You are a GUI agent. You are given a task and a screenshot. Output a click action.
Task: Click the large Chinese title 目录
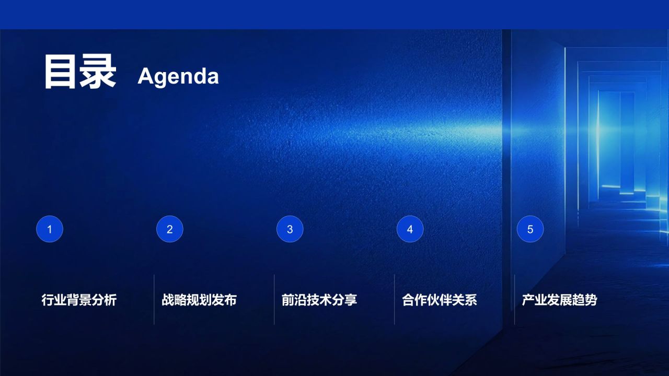pyautogui.click(x=80, y=72)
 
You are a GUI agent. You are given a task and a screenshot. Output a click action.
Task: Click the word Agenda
pyautogui.click(x=178, y=76)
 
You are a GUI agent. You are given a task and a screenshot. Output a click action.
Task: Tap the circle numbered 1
pyautogui.click(x=50, y=229)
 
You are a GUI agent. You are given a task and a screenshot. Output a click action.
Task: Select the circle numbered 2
pyautogui.click(x=170, y=229)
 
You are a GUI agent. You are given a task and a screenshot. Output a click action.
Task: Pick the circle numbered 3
pyautogui.click(x=290, y=229)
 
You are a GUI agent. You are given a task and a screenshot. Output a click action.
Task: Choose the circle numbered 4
pyautogui.click(x=410, y=229)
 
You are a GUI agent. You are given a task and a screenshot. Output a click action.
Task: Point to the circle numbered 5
pyautogui.click(x=530, y=229)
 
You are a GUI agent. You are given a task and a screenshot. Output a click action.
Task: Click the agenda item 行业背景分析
pyautogui.click(x=79, y=300)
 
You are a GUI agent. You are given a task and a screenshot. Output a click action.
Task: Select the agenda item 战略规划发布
pyautogui.click(x=199, y=300)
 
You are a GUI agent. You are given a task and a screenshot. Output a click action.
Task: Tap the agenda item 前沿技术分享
pyautogui.click(x=319, y=300)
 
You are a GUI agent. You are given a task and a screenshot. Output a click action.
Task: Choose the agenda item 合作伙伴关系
pyautogui.click(x=440, y=300)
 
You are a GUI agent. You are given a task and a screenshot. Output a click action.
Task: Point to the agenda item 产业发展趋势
pyautogui.click(x=559, y=300)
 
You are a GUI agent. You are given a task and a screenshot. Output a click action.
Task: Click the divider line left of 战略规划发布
pyautogui.click(x=154, y=299)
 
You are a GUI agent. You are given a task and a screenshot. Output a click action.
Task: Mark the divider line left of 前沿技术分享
pyautogui.click(x=274, y=299)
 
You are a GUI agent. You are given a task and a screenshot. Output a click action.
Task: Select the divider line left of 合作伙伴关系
pyautogui.click(x=394, y=299)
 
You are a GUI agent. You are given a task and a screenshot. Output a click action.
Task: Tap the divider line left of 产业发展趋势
pyautogui.click(x=515, y=299)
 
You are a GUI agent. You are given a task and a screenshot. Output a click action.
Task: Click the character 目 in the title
pyautogui.click(x=60, y=72)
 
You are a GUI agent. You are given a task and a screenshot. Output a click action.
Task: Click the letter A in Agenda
pyautogui.click(x=145, y=76)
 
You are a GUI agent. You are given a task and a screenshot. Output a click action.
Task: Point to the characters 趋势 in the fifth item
pyautogui.click(x=584, y=300)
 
